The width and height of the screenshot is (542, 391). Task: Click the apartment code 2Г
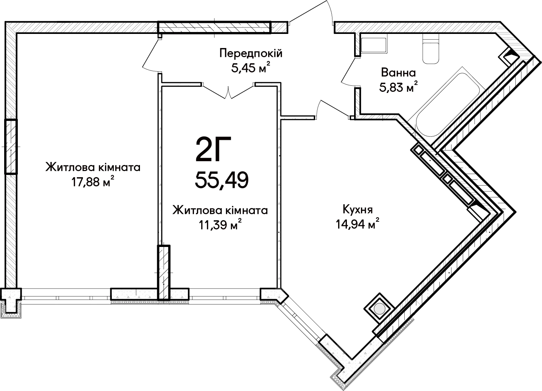tap(213, 149)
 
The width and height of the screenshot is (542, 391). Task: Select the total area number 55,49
tap(222, 180)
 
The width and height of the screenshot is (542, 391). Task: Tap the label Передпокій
tap(251, 53)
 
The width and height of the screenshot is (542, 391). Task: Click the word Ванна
tap(398, 72)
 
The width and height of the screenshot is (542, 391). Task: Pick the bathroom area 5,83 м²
tap(398, 87)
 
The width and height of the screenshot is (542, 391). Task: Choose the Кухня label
tap(358, 210)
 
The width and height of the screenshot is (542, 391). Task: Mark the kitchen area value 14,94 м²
tap(357, 224)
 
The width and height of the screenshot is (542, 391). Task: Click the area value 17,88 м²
tap(93, 181)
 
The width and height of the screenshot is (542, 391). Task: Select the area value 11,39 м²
tap(220, 225)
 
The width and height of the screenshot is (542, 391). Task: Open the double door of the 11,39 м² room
tap(228, 91)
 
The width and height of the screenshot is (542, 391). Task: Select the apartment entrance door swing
tap(311, 12)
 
